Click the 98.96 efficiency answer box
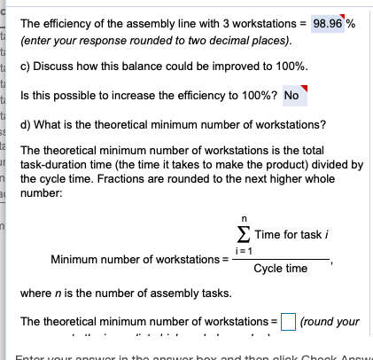(330, 24)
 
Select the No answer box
(291, 95)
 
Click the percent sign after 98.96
(351, 24)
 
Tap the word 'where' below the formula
(36, 293)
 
